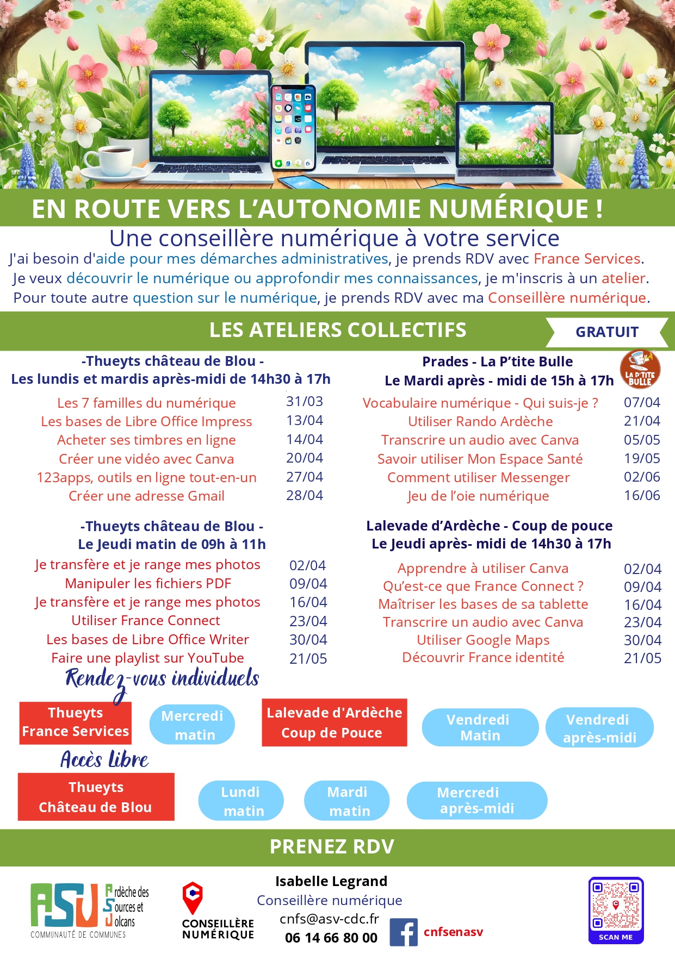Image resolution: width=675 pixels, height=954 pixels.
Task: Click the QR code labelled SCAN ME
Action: click(x=616, y=909)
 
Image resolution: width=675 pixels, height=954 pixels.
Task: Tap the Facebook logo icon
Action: click(x=403, y=932)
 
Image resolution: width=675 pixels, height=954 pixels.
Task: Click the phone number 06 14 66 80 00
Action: click(x=331, y=938)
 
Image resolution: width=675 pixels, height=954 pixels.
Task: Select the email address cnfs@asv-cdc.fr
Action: click(x=329, y=919)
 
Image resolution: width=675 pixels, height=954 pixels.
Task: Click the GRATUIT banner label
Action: click(x=607, y=332)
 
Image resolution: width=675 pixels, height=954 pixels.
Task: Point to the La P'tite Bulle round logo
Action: click(x=640, y=369)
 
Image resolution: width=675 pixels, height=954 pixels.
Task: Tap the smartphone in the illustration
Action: click(x=293, y=128)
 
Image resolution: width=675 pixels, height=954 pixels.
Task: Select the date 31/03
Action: click(x=305, y=402)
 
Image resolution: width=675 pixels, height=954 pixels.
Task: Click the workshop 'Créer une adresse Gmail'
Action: click(x=146, y=496)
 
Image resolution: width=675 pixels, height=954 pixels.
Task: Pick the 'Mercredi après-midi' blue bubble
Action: click(x=476, y=800)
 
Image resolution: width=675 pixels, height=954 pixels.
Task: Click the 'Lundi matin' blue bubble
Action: click(x=241, y=801)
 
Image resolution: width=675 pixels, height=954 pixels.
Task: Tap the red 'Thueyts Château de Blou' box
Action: click(x=96, y=797)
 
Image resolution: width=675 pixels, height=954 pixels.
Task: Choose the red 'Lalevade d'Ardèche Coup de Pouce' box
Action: click(x=334, y=722)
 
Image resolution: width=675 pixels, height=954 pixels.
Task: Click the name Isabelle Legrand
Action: click(x=331, y=881)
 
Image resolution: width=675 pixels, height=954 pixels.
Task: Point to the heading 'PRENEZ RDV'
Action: click(x=332, y=847)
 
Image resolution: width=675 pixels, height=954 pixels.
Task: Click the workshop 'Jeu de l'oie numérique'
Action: click(x=478, y=496)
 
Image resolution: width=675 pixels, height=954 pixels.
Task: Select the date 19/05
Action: click(x=642, y=458)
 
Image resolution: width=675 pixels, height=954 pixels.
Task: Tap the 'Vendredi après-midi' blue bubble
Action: click(x=599, y=728)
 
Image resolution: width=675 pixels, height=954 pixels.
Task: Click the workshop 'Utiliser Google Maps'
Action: click(x=483, y=640)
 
